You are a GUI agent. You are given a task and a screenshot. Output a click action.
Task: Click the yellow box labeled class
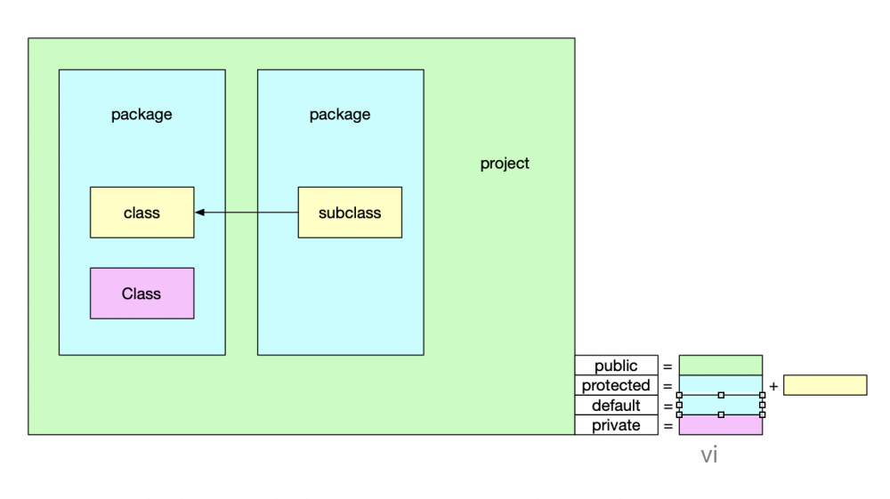click(x=142, y=213)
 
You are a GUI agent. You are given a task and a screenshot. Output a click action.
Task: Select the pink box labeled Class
click(x=142, y=294)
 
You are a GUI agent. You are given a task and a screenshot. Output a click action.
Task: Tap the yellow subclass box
click(x=349, y=213)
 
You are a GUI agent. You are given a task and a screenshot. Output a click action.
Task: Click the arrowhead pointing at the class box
click(x=200, y=213)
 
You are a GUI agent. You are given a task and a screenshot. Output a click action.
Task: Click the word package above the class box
click(x=142, y=115)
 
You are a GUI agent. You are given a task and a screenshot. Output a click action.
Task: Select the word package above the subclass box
click(x=340, y=115)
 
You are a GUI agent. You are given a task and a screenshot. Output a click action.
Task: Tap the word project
click(x=505, y=164)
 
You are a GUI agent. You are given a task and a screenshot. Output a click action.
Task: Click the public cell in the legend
click(x=616, y=366)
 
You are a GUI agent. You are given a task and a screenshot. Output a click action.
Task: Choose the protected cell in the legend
click(x=616, y=385)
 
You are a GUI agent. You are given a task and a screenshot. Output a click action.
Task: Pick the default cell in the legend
click(x=616, y=406)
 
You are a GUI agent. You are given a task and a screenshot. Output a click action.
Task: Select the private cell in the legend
click(x=616, y=425)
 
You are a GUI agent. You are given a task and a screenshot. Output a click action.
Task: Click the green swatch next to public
click(x=720, y=365)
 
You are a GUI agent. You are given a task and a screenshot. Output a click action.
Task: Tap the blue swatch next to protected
click(x=720, y=384)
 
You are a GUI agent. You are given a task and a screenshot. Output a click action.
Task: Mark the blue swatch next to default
click(x=720, y=405)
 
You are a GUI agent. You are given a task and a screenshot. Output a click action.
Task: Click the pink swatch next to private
click(x=720, y=425)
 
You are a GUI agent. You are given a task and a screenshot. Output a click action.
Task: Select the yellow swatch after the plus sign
click(x=825, y=385)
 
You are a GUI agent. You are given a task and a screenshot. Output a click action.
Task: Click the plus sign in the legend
click(x=773, y=386)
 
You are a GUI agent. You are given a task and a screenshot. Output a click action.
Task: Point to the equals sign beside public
click(x=667, y=366)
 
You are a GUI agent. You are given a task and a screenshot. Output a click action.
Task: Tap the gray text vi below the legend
click(x=709, y=455)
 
